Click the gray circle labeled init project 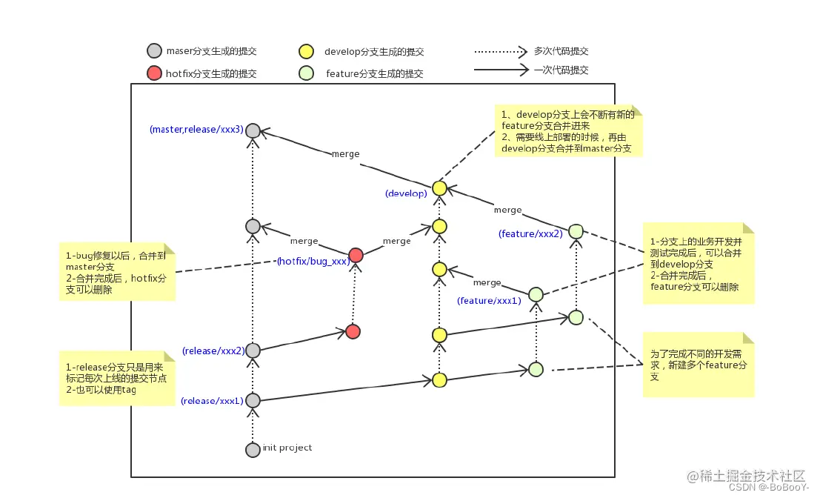(x=253, y=449)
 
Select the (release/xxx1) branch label (x=211, y=401)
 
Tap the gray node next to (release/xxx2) (x=253, y=350)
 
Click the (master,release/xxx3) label (x=196, y=129)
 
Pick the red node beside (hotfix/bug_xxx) (x=356, y=256)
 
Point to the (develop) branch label (x=406, y=193)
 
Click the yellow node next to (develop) (x=439, y=188)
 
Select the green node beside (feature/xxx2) (x=576, y=232)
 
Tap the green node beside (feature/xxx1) (x=536, y=295)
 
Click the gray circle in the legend (x=154, y=51)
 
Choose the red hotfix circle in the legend (x=154, y=73)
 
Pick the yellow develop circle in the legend (x=305, y=52)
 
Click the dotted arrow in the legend (x=500, y=52)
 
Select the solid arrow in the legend (x=500, y=70)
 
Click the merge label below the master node (x=345, y=154)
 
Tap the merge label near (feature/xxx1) (x=487, y=282)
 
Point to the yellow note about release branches (x=117, y=378)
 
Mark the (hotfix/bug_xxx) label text (x=313, y=262)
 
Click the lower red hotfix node (x=353, y=331)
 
